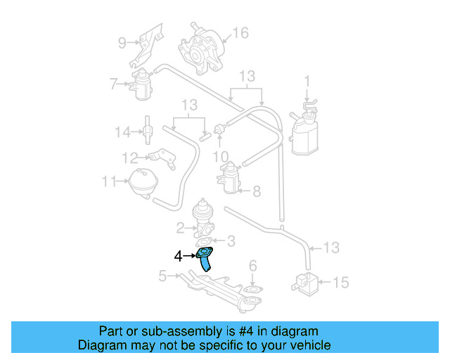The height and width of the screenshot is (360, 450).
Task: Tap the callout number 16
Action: pos(240,33)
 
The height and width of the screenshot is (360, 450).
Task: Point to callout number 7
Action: pos(113,84)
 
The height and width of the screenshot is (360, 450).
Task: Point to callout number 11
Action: pos(108,181)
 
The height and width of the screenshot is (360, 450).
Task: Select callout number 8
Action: pos(256,190)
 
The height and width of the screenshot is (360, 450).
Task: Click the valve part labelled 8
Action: pos(229,177)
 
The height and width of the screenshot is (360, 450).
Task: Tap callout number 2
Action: pos(181,227)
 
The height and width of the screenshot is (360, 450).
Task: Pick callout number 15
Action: pos(340,283)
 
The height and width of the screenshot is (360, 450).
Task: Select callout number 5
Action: pos(162,276)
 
